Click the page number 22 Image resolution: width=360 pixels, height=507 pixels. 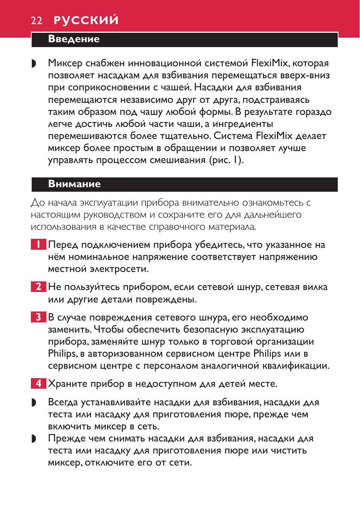(37, 20)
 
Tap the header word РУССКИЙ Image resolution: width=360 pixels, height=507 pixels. (86, 20)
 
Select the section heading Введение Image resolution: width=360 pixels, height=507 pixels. (74, 39)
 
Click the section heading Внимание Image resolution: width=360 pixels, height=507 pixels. (74, 184)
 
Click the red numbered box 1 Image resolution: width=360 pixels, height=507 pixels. (38, 244)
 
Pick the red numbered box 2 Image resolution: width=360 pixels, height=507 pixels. (38, 287)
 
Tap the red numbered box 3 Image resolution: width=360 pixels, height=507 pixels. (38, 317)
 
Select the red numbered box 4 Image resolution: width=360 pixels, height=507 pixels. (38, 383)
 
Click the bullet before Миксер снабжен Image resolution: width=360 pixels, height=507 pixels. (34, 64)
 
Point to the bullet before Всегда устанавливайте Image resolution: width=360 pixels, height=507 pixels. (34, 403)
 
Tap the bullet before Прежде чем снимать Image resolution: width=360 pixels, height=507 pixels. (34, 439)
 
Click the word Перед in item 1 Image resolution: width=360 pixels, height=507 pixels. (63, 245)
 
